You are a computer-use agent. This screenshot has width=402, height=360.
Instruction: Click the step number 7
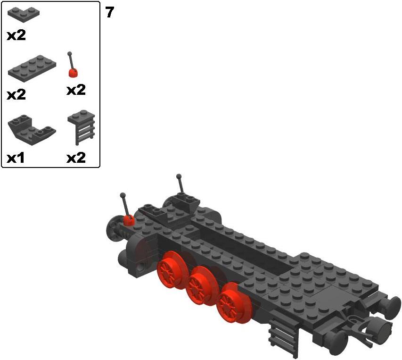[x=109, y=12]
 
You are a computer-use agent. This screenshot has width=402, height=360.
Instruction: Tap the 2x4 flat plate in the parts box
[x=32, y=68]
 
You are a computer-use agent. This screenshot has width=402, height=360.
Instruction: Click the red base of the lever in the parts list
[x=73, y=73]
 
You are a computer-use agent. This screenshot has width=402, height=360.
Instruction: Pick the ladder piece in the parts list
[x=82, y=127]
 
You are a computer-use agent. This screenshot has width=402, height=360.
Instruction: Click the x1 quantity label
[x=16, y=158]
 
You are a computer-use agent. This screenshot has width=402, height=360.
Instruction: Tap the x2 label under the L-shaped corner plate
[x=16, y=35]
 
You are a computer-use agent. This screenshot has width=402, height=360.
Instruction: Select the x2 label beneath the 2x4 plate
[x=16, y=95]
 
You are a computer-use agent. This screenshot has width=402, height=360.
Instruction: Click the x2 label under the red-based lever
[x=76, y=90]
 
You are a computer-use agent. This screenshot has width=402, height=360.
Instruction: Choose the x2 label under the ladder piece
[x=76, y=158]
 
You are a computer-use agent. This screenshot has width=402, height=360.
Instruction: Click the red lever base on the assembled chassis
[x=129, y=220]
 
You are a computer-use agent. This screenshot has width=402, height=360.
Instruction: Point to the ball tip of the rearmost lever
[x=179, y=176]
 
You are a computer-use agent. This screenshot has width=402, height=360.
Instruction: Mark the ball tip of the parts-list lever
[x=69, y=54]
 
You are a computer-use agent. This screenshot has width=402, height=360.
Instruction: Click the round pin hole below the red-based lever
[x=140, y=268]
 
